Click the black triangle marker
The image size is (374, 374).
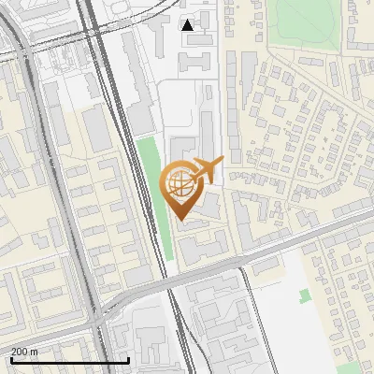188,24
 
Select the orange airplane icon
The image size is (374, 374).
209,170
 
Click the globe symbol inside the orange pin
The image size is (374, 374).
182,184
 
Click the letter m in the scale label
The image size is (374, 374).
35,352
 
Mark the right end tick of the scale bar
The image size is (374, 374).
128,359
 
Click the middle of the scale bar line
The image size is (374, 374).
69,361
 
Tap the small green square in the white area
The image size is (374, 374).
305,296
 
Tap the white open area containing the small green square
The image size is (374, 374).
299,318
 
